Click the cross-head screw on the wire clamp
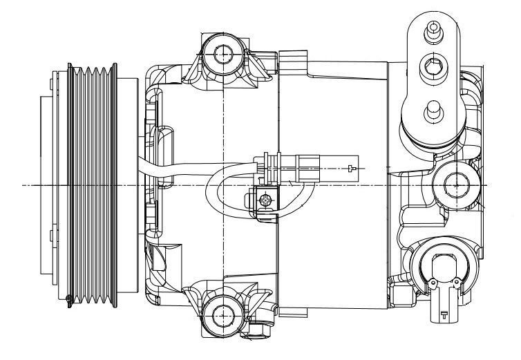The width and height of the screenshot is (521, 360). [x=265, y=202]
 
